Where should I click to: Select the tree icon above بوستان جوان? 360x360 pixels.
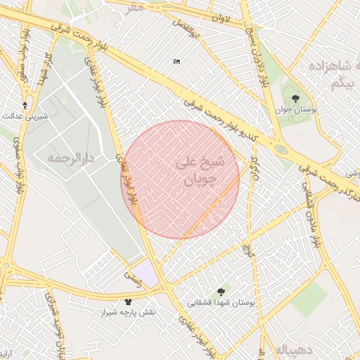point(294,98)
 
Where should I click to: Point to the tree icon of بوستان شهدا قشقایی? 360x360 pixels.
point(221,291)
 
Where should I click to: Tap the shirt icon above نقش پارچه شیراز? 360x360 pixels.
point(127,302)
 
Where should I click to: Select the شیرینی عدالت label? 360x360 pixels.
point(26,116)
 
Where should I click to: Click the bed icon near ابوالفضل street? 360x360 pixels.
point(176,62)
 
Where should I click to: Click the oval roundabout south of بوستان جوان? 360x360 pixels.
point(281,149)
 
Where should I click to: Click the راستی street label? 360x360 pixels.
point(131,278)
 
